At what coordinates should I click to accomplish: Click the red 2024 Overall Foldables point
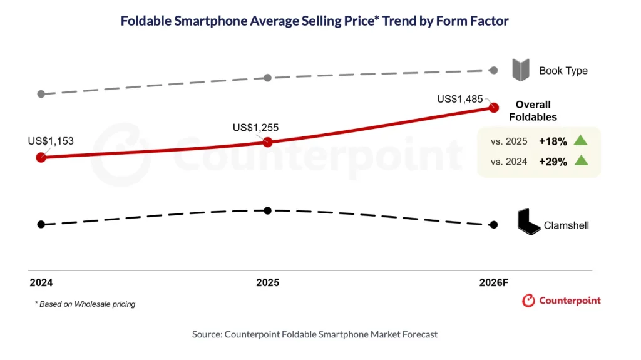point(41,157)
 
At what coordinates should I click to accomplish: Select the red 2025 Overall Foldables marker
point(267,142)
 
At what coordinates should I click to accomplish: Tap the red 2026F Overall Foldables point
point(494,108)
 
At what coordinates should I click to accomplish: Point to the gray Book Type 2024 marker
point(41,94)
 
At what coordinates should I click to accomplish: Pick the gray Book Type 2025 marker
point(267,78)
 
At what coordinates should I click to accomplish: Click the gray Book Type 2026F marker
point(494,70)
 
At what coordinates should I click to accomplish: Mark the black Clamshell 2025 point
point(267,211)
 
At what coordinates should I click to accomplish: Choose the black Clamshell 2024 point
point(41,224)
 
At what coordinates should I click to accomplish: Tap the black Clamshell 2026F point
point(494,225)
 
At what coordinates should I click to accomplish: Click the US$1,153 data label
point(51,141)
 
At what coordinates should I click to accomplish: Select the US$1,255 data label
point(255,128)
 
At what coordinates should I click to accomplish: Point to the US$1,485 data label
point(460,99)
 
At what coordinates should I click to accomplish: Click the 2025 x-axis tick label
point(268,283)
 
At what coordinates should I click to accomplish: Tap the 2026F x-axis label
point(494,283)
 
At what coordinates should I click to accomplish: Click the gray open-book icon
point(521,70)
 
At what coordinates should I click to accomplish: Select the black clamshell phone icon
point(528,222)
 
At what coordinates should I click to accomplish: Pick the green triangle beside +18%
point(580,140)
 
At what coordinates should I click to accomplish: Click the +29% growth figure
point(553,162)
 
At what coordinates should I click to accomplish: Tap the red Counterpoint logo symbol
point(528,301)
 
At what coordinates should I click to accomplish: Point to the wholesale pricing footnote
point(85,304)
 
